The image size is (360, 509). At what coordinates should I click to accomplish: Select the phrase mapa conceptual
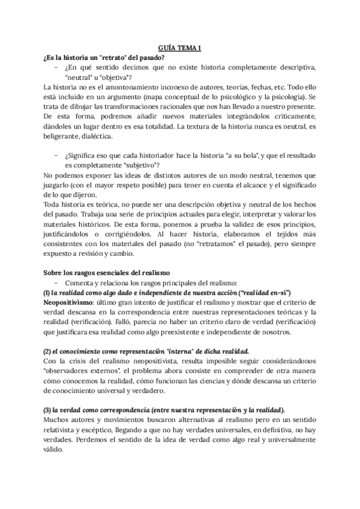pyautogui.click(x=173, y=97)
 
